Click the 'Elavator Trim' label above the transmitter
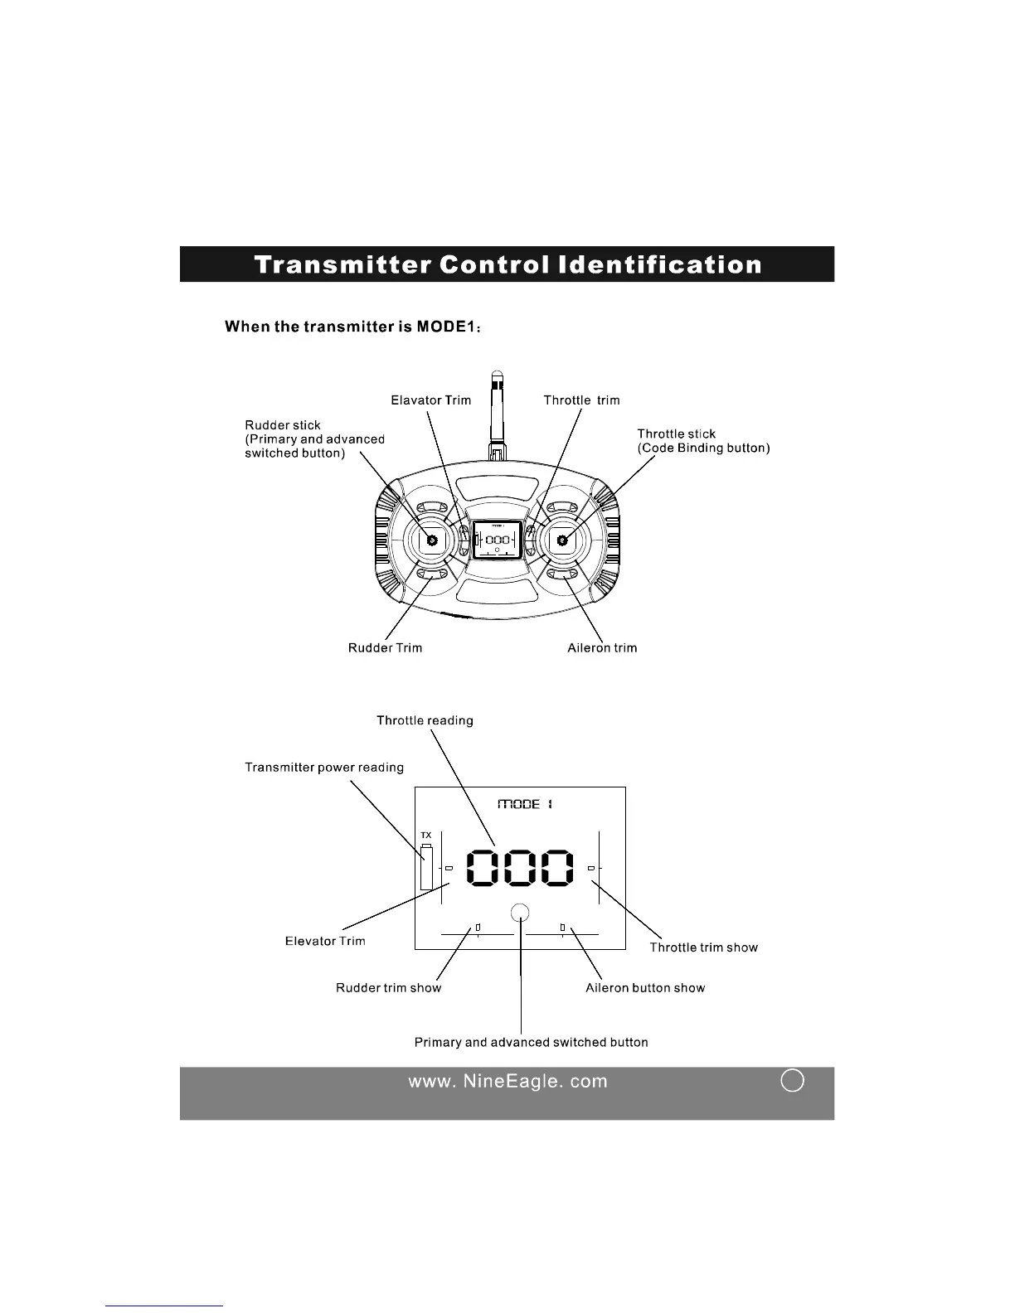click(x=430, y=400)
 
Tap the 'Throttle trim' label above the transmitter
click(x=581, y=400)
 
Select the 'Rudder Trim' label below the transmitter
click(x=385, y=647)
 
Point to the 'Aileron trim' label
click(x=602, y=647)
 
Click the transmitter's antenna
click(x=497, y=414)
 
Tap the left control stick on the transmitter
click(x=431, y=540)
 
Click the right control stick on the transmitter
click(x=562, y=540)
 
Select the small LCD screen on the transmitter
click(x=497, y=539)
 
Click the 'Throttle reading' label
click(x=425, y=720)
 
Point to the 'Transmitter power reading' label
click(x=324, y=768)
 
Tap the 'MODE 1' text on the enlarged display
click(x=524, y=804)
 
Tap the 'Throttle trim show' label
click(x=703, y=947)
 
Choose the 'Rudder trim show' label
click(x=388, y=988)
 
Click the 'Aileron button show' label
click(x=645, y=988)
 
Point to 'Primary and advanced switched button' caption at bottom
click(x=531, y=1042)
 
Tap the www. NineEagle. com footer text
click(x=508, y=1081)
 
